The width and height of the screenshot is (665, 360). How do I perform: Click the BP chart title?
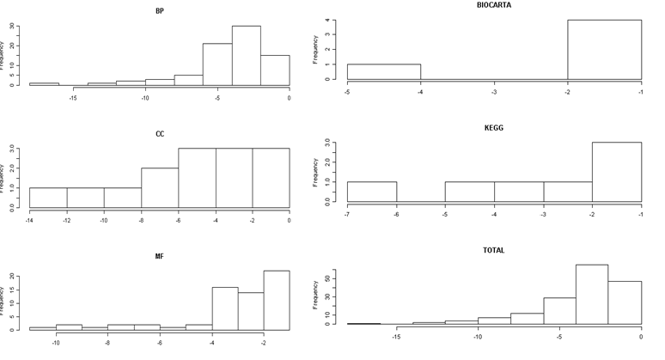point(160,12)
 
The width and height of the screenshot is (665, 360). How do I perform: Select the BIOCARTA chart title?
point(493,5)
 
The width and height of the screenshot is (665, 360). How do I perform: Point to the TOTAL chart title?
point(493,250)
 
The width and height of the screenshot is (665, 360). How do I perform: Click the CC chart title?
point(160,133)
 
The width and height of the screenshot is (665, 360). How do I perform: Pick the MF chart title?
point(160,255)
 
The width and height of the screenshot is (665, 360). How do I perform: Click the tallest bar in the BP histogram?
point(246,56)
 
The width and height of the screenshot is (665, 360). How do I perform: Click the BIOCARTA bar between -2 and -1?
point(604,50)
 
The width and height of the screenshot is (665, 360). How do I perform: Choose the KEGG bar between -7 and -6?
point(371,192)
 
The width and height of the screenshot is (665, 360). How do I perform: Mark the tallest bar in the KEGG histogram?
point(616,172)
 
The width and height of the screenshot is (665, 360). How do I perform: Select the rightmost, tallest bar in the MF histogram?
point(277,300)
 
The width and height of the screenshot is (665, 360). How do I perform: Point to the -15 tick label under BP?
point(73,97)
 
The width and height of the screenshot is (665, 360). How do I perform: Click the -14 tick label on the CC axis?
point(29,220)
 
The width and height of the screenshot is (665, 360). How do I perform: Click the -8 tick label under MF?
point(108,342)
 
